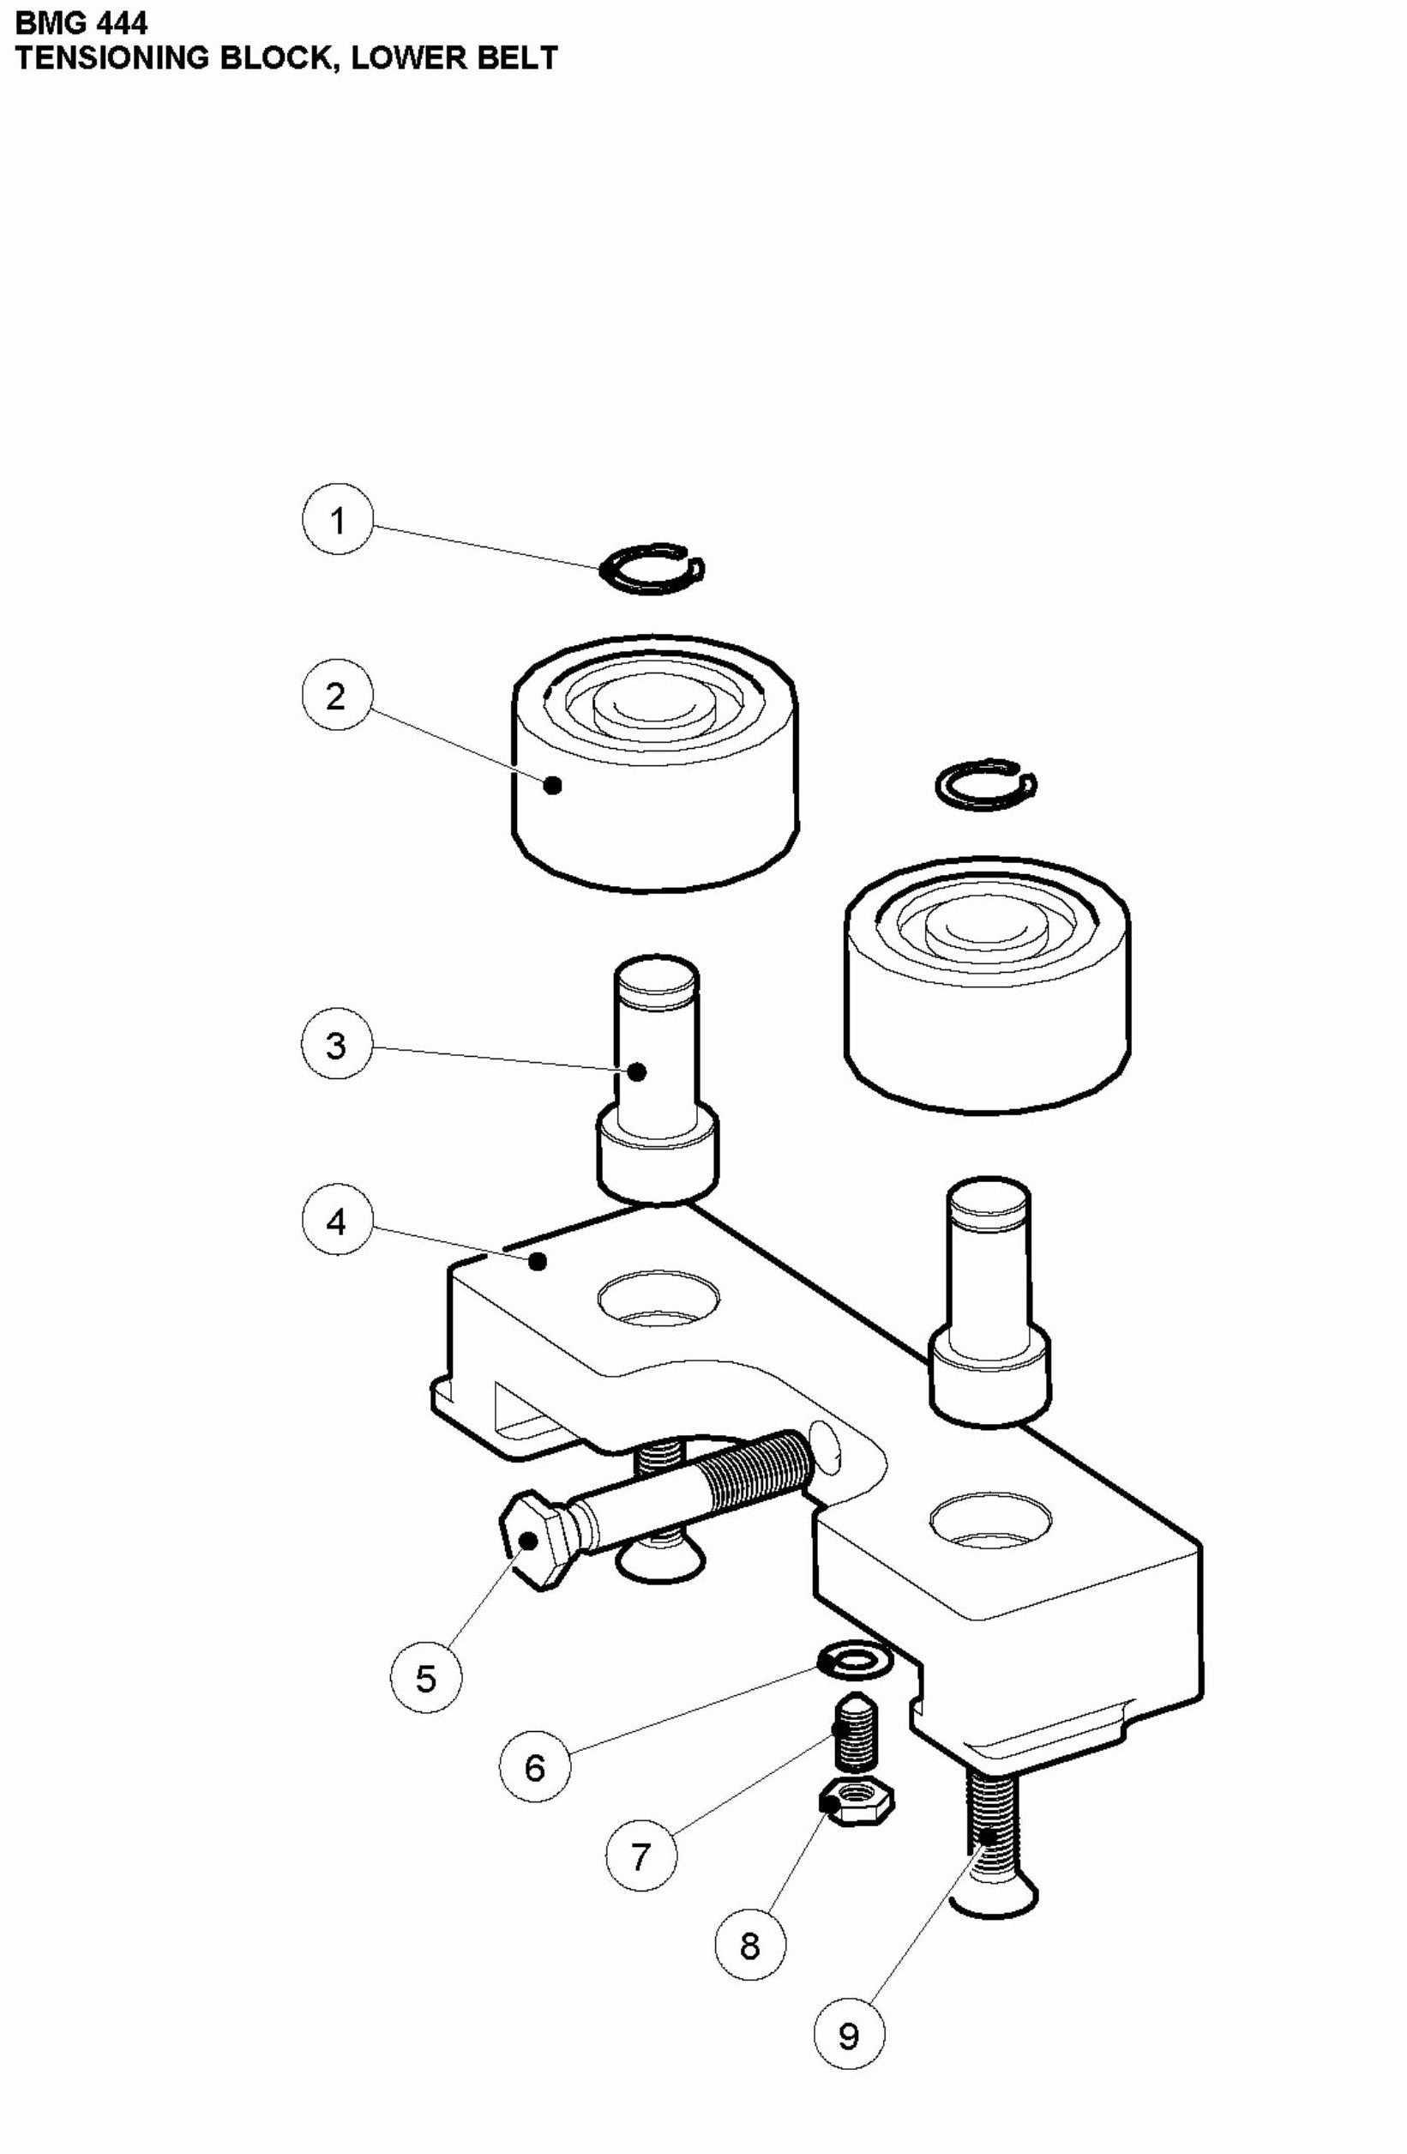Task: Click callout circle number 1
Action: [337, 520]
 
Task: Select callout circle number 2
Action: [337, 696]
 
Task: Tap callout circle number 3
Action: [337, 1045]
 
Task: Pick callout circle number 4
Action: [337, 1222]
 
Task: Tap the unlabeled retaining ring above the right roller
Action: [985, 784]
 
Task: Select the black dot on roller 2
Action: [554, 785]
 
